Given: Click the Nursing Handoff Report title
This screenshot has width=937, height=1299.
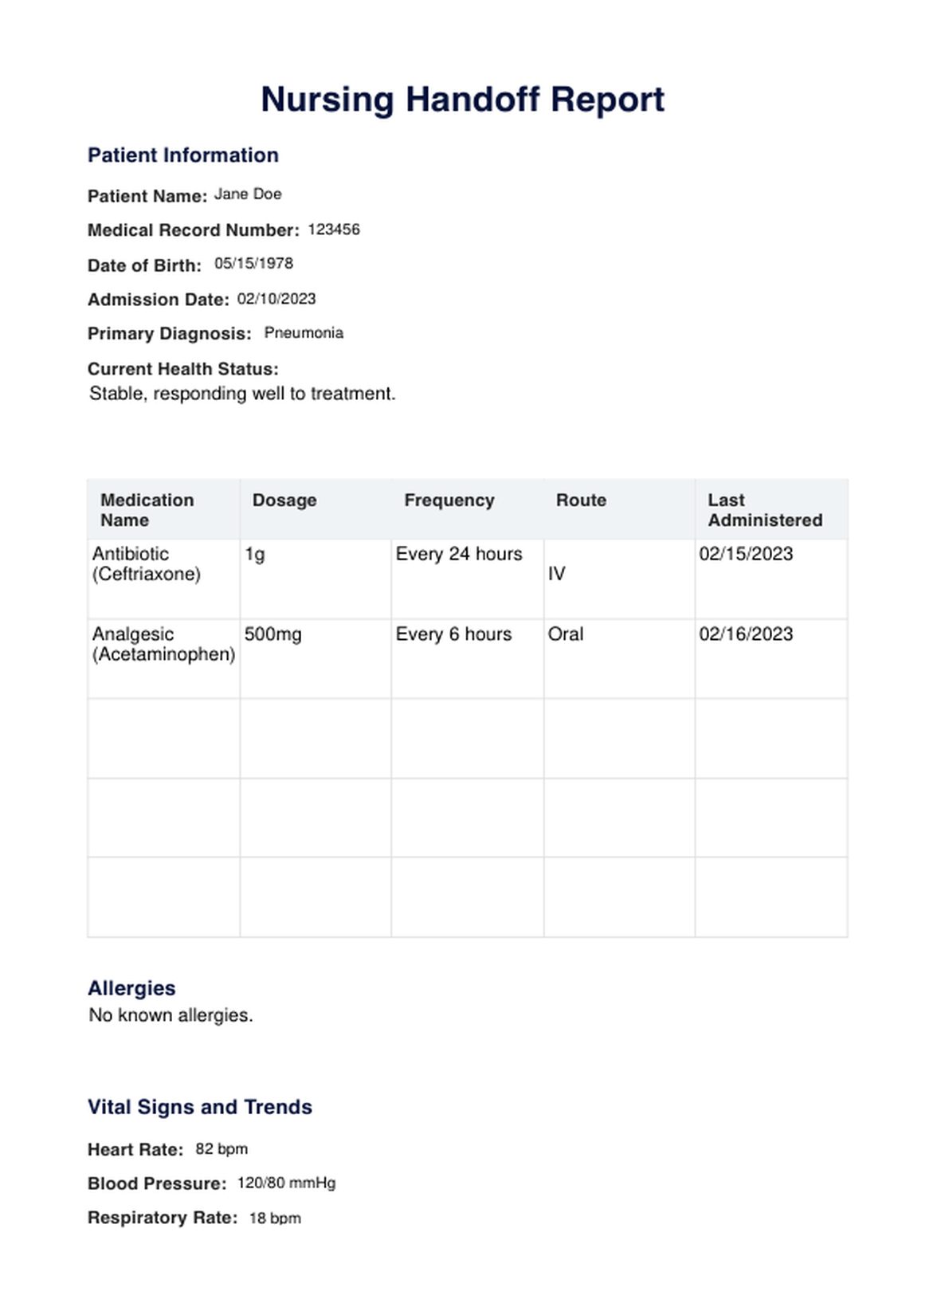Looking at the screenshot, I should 462,100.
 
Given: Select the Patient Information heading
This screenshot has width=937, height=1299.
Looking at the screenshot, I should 183,155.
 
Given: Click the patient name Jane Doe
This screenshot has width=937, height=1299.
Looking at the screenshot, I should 248,194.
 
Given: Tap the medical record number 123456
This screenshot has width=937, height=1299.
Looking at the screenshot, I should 334,230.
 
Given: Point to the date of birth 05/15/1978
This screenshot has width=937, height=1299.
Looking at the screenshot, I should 253,264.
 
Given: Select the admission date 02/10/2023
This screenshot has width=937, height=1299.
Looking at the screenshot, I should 276,299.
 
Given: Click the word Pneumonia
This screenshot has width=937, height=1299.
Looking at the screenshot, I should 304,333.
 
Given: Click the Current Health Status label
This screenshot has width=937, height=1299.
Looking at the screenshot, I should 183,369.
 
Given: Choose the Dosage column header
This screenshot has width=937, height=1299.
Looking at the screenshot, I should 284,500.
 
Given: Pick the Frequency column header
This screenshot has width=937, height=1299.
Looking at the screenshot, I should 449,500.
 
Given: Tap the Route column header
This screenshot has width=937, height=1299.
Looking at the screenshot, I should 581,500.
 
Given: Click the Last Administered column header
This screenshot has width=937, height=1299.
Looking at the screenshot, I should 765,510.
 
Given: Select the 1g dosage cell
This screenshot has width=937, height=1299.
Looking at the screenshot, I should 255,555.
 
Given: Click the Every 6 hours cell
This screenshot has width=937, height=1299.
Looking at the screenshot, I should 453,634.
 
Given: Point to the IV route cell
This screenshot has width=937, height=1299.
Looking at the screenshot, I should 556,574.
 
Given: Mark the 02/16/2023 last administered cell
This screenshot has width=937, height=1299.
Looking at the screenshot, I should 746,634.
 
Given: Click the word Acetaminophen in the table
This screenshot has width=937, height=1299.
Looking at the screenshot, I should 164,654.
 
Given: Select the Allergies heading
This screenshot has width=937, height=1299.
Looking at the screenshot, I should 131,988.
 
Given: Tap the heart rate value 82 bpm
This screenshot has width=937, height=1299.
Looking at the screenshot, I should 222,1149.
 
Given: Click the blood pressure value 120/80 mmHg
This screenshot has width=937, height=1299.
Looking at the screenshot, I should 286,1183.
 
